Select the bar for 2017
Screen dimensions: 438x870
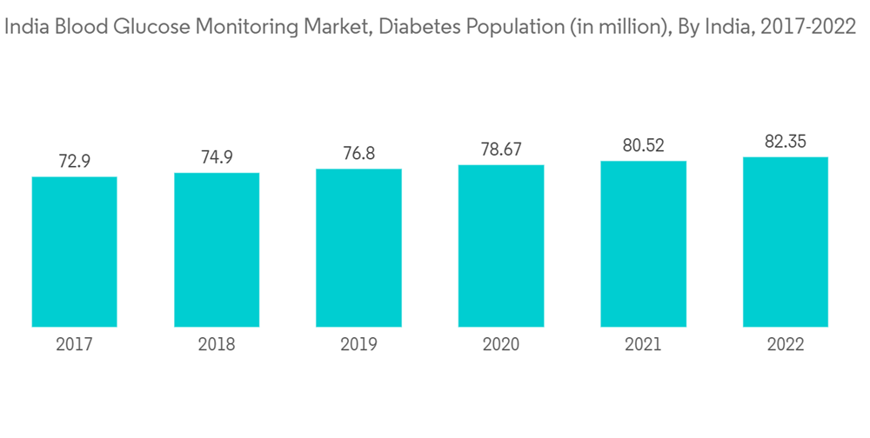(x=74, y=252)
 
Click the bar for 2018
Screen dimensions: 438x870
(x=217, y=250)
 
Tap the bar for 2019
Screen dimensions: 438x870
(x=358, y=248)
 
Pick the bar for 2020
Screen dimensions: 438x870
(x=501, y=246)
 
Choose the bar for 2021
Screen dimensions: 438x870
(x=643, y=244)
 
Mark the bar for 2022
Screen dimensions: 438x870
(x=786, y=242)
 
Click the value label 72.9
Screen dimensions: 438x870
(x=74, y=162)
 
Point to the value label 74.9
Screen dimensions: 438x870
(x=217, y=158)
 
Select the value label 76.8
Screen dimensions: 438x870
(x=358, y=154)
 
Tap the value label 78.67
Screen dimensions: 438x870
(x=501, y=150)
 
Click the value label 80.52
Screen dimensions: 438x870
(x=643, y=146)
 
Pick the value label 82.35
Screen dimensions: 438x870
(x=786, y=143)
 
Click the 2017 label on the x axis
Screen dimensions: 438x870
(x=74, y=344)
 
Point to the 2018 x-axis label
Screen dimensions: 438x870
(x=217, y=344)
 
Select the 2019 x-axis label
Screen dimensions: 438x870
(x=358, y=344)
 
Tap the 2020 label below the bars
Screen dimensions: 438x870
(x=501, y=344)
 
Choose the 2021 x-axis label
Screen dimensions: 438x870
(x=643, y=344)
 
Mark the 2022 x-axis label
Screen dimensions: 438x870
(x=786, y=344)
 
